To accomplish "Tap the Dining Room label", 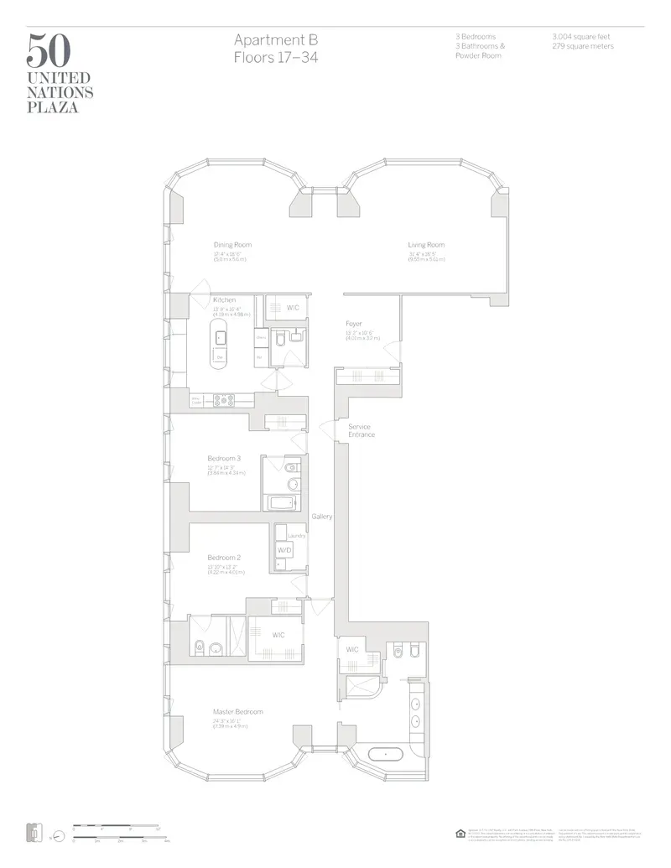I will tap(232, 245).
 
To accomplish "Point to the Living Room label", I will tap(426, 245).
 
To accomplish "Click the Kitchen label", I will tap(224, 299).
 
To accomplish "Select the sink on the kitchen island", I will tap(221, 338).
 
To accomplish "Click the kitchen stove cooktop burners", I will tap(223, 400).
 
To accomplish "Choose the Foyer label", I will tap(354, 324).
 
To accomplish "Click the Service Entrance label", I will tap(361, 430).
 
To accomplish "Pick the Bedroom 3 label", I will tap(224, 458).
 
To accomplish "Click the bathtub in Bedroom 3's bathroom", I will tap(282, 503).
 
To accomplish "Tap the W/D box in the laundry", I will tap(283, 550).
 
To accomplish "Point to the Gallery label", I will tap(322, 517).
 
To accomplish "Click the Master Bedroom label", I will tap(237, 712).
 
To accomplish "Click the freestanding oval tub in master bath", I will tap(386, 755).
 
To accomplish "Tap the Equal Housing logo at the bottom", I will tap(460, 833).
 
